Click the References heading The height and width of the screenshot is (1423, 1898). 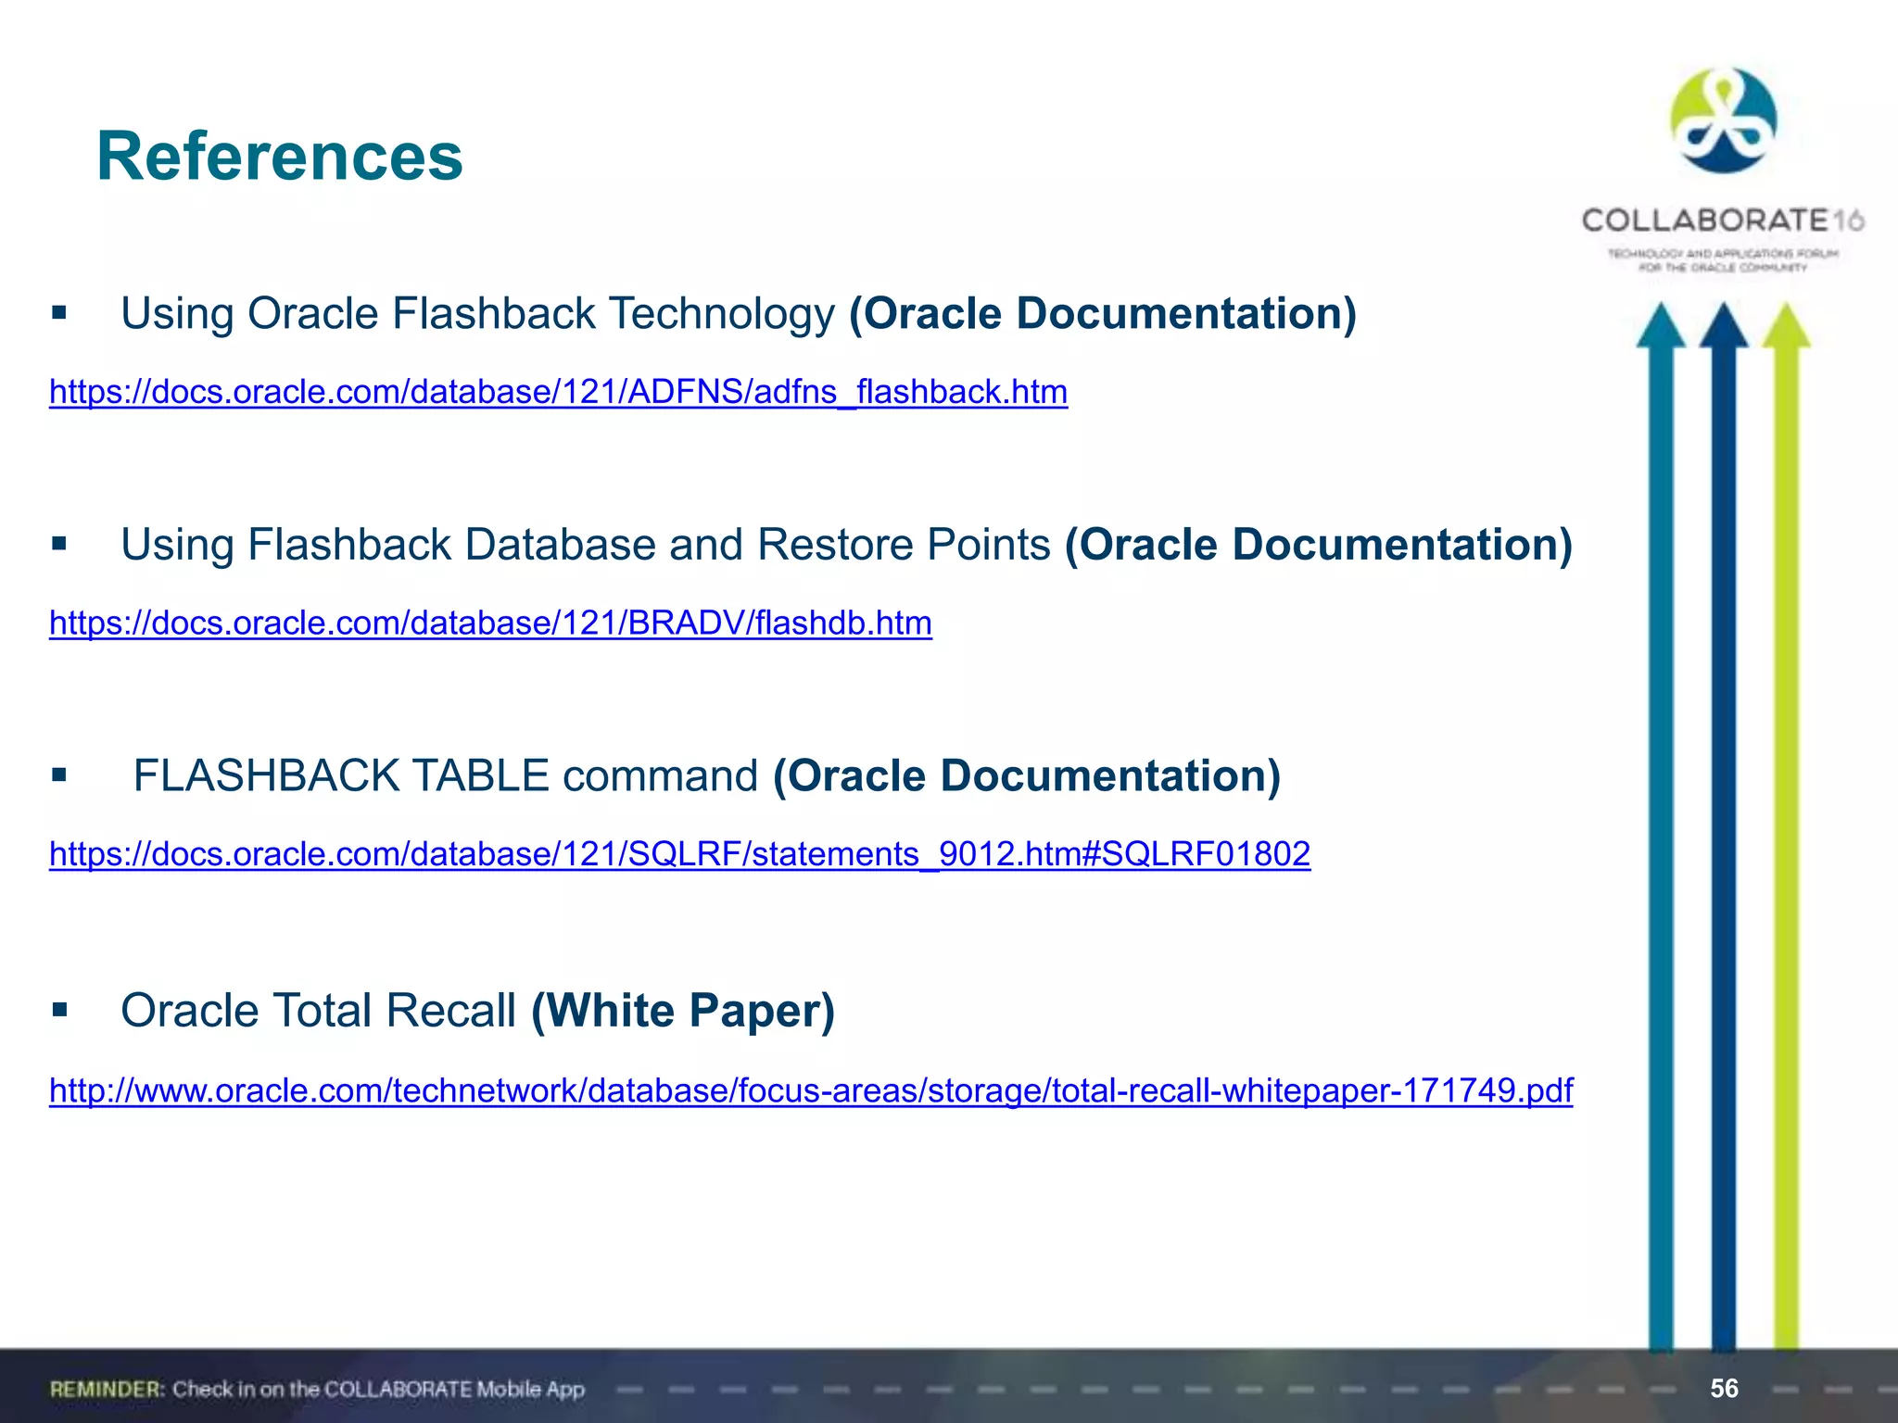(x=279, y=157)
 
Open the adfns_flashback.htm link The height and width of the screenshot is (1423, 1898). (x=558, y=392)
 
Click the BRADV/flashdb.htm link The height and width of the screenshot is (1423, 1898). (x=490, y=623)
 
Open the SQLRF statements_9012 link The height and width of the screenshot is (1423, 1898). (x=679, y=853)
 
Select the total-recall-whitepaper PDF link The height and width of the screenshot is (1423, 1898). (x=811, y=1090)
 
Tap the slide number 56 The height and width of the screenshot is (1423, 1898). (x=1724, y=1388)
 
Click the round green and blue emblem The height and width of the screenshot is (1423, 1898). (x=1723, y=120)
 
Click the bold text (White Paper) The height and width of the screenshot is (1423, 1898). (x=683, y=1010)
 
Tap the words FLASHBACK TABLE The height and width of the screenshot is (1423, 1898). (x=341, y=775)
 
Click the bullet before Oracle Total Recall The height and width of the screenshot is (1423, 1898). (x=60, y=1009)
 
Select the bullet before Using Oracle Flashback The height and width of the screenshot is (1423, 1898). (x=60, y=313)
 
